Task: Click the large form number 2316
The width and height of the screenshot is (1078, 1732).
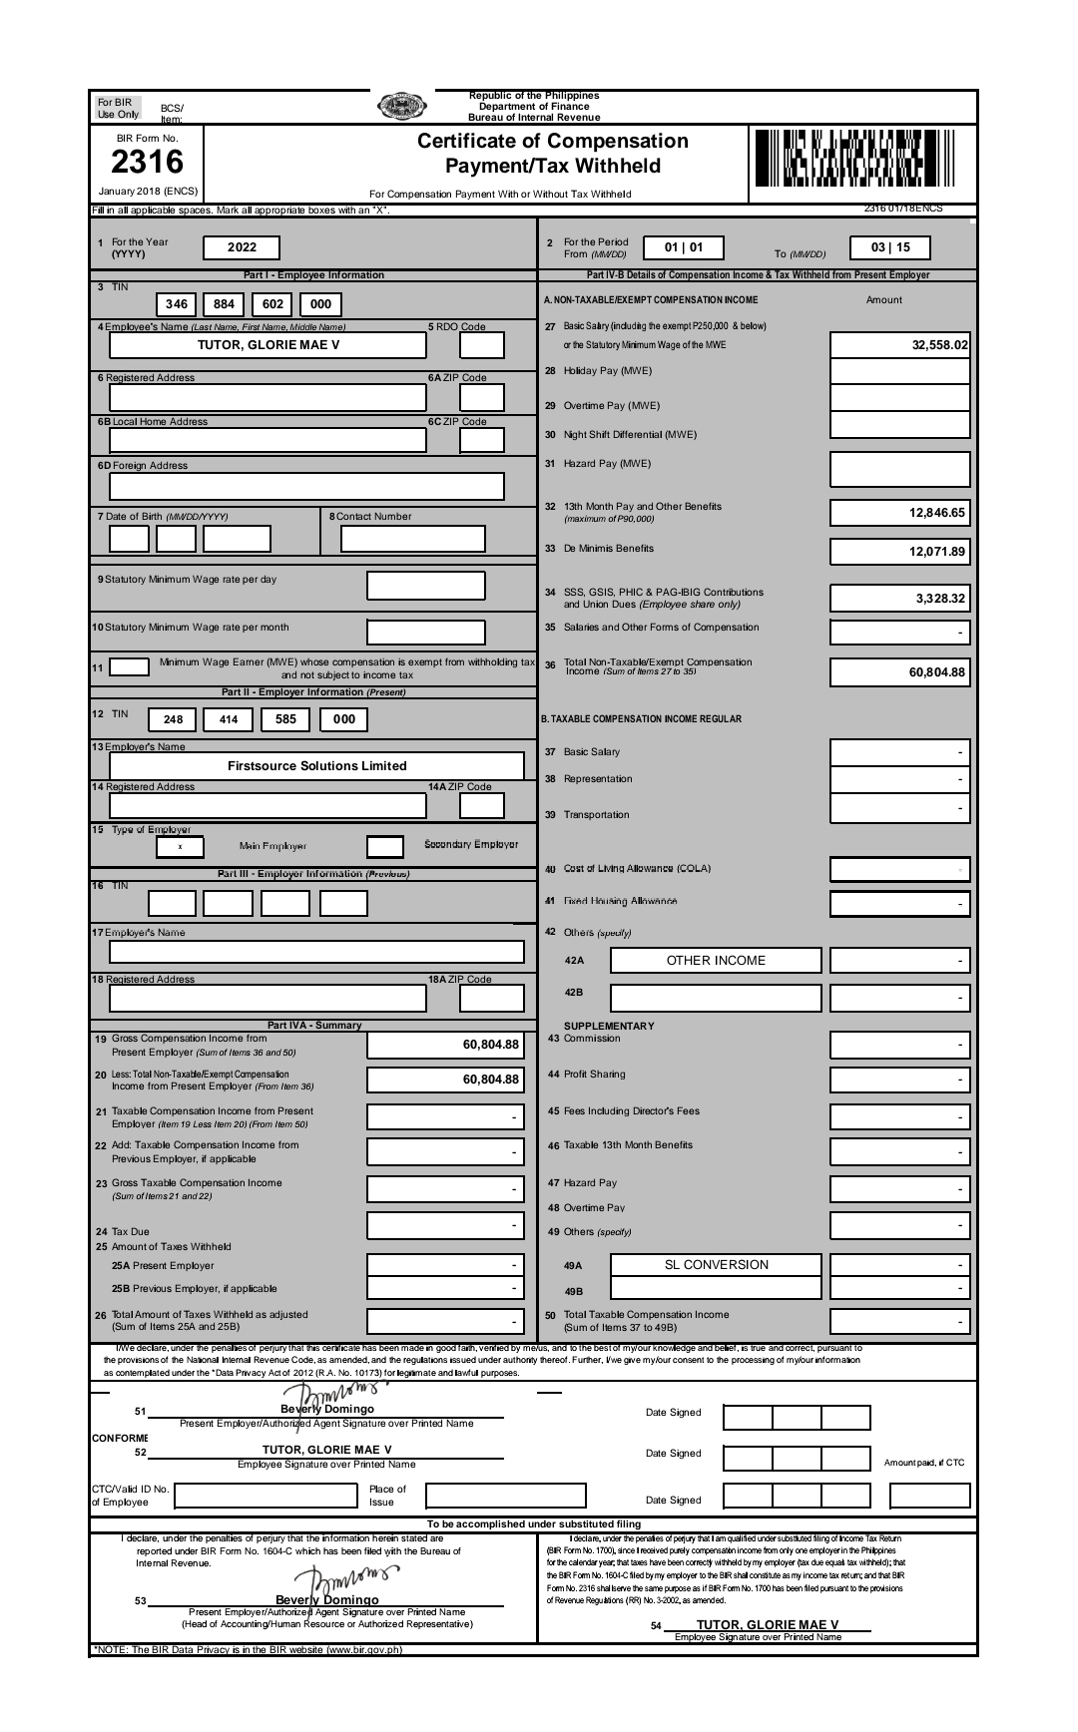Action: click(148, 162)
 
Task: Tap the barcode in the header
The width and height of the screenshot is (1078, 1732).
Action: click(854, 159)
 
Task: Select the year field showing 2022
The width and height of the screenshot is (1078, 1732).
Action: click(242, 247)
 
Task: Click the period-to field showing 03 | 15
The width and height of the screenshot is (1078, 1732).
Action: click(890, 247)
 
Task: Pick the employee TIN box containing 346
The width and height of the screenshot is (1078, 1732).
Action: click(177, 304)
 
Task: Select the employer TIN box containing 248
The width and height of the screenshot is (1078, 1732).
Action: click(173, 719)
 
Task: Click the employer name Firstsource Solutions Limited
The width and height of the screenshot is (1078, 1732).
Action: click(316, 766)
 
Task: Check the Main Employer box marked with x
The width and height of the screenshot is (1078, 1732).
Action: click(180, 846)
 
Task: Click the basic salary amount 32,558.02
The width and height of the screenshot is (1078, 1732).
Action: click(899, 345)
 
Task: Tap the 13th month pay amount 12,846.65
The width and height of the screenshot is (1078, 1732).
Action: click(899, 513)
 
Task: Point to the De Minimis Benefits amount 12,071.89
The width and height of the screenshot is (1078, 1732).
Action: click(899, 552)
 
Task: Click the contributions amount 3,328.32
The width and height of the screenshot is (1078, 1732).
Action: click(899, 599)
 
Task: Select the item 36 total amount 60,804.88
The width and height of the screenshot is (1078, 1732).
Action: click(899, 672)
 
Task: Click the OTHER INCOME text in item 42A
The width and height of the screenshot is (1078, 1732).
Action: click(716, 961)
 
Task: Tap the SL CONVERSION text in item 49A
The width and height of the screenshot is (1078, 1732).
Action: click(716, 1265)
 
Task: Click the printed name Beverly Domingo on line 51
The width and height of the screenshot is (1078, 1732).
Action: click(326, 1409)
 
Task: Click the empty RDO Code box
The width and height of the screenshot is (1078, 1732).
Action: click(482, 345)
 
